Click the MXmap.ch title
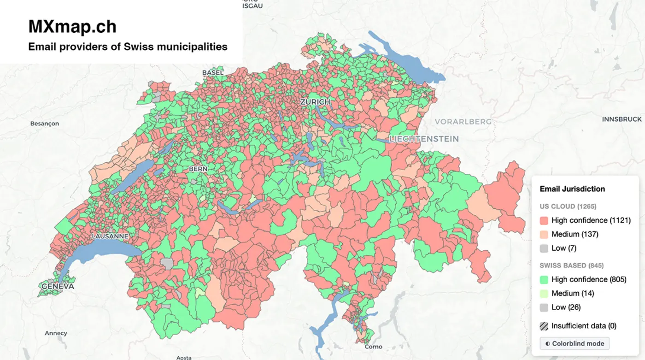click(x=72, y=27)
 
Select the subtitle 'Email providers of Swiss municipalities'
click(x=128, y=47)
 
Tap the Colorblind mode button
click(x=575, y=343)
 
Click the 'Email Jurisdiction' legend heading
click(x=572, y=189)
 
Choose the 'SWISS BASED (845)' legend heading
click(x=571, y=266)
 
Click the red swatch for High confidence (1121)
click(x=544, y=220)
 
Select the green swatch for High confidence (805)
click(x=544, y=279)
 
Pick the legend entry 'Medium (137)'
click(x=575, y=234)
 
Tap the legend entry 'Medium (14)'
click(x=572, y=293)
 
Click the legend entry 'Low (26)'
click(x=566, y=307)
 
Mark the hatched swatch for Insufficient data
click(x=544, y=326)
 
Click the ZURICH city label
click(x=315, y=101)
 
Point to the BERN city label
click(x=198, y=169)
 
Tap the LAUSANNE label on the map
click(x=110, y=236)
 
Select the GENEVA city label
click(x=58, y=286)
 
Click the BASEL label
click(x=213, y=72)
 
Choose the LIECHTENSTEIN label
click(x=424, y=139)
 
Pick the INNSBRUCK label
click(x=622, y=119)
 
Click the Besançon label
click(x=44, y=124)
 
